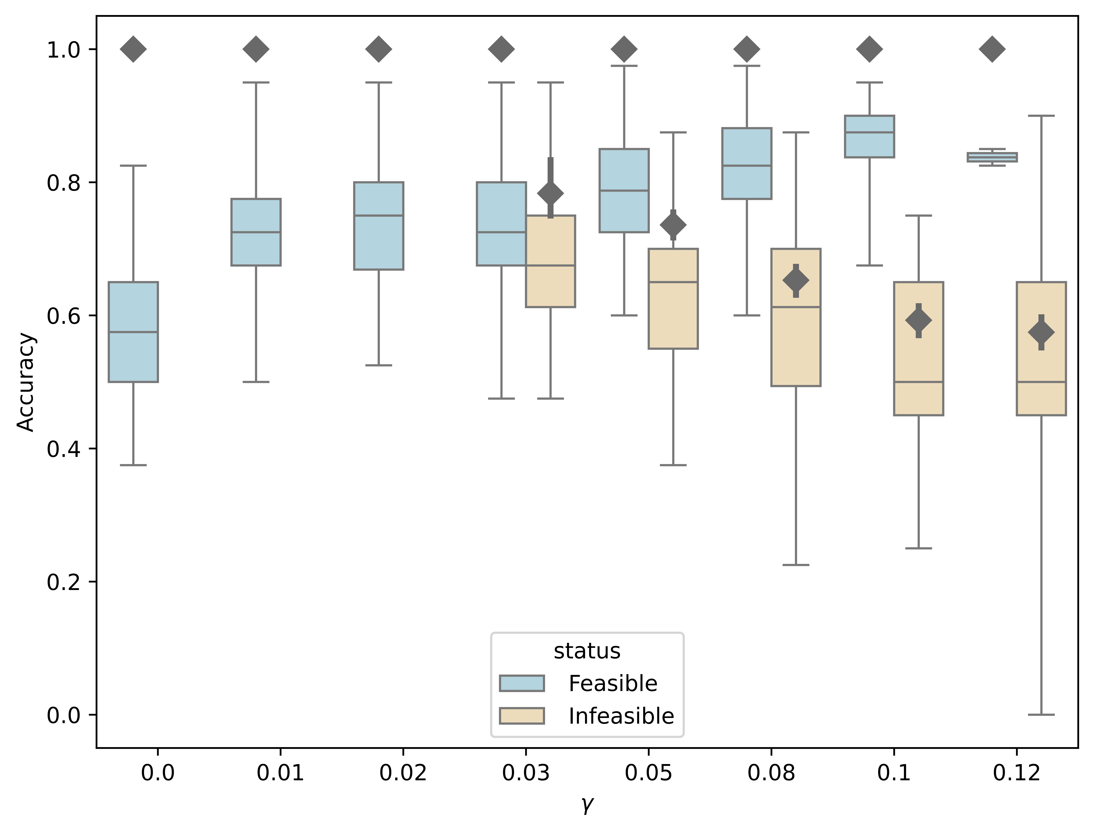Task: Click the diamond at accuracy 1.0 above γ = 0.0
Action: coord(133,49)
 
